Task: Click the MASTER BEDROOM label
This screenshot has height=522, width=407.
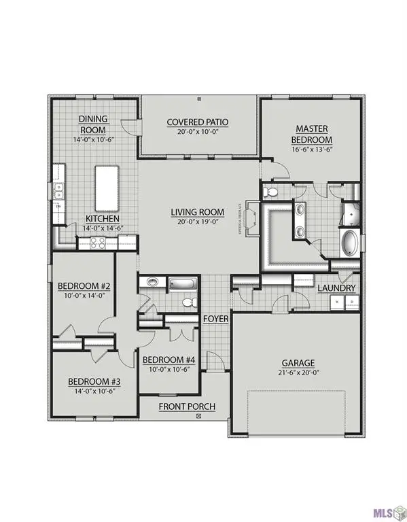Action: point(311,133)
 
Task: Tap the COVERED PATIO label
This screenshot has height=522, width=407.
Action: point(198,122)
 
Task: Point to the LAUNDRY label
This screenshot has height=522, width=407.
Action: point(337,288)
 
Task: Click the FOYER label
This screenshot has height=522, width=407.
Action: point(216,318)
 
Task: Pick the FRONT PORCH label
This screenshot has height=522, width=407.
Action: point(187,406)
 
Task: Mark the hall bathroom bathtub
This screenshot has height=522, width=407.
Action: point(182,282)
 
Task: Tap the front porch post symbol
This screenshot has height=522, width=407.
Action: point(198,415)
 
